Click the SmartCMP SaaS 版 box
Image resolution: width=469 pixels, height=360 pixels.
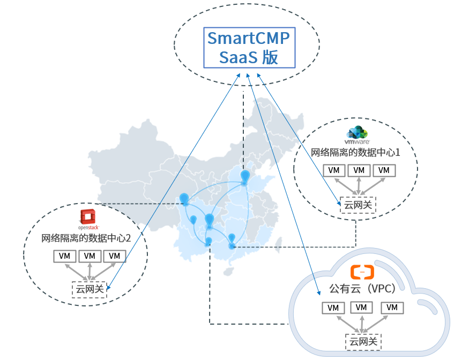[x=249, y=48]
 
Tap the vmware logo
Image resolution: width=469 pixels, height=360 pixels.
[x=357, y=135]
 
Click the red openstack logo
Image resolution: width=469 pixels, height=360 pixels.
[x=88, y=220]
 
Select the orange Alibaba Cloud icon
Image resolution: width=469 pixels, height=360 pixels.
[x=362, y=272]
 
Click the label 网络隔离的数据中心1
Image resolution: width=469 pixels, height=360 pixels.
[x=355, y=153]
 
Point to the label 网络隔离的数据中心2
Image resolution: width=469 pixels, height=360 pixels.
[x=86, y=238]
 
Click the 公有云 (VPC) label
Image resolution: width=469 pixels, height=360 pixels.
[x=362, y=289]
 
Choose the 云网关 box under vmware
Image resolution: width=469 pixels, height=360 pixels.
[x=358, y=205]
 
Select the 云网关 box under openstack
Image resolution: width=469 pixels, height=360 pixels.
[x=89, y=289]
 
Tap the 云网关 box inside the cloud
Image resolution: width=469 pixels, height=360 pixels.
[x=363, y=342]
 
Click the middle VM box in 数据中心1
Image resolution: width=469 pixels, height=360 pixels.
[x=359, y=170]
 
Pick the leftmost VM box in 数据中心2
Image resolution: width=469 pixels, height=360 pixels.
[x=65, y=256]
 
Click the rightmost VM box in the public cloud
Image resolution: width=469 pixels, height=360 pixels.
[x=392, y=307]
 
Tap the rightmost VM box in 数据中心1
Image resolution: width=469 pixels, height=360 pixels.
[x=384, y=170]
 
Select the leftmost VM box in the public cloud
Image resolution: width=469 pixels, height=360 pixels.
[x=333, y=308]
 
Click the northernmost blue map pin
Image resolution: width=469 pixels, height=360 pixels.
[x=245, y=176]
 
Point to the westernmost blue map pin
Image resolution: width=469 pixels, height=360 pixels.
[x=184, y=199]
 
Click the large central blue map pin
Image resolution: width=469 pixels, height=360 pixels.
[x=210, y=220]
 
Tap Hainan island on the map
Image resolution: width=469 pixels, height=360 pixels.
[x=228, y=272]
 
